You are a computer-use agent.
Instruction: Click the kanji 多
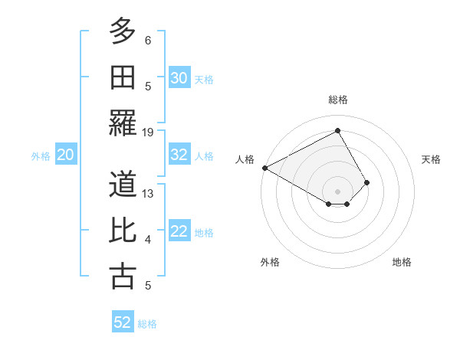click(123, 32)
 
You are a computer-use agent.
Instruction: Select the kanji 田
click(123, 77)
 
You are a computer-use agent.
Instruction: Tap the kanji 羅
click(123, 123)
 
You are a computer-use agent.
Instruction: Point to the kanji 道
click(123, 185)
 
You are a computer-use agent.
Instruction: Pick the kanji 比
click(123, 231)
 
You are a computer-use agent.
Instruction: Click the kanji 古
click(123, 276)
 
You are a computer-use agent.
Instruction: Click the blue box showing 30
click(179, 78)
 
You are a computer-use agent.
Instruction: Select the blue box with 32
click(179, 155)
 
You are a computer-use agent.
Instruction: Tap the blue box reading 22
click(179, 231)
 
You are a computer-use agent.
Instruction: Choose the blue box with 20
click(66, 155)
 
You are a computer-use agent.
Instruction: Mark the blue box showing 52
click(123, 322)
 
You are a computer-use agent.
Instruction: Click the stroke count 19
click(148, 132)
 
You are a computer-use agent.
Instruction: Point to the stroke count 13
click(148, 194)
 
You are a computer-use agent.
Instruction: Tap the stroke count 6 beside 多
click(148, 41)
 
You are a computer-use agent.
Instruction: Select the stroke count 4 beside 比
click(148, 240)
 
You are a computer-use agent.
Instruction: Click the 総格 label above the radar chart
click(337, 100)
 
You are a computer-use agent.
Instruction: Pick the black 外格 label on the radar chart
click(270, 262)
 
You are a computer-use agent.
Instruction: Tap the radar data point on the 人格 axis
click(264, 168)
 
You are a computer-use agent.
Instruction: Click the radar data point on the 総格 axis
click(337, 131)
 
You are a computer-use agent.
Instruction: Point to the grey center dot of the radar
click(337, 191)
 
